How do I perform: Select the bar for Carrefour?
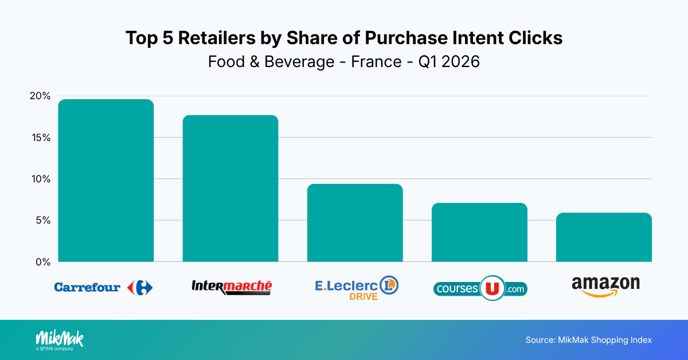105,181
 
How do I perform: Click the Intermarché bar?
230,189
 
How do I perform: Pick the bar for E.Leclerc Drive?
355,223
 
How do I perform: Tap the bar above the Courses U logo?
479,232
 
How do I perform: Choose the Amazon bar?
604,237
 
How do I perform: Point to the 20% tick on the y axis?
40,96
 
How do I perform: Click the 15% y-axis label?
41,138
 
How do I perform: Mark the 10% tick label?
41,179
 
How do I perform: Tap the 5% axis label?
43,220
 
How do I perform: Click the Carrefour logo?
104,287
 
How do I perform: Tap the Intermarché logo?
232,287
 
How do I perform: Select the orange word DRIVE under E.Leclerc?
363,296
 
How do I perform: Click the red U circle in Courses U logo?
492,288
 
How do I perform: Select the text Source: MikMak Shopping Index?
588,340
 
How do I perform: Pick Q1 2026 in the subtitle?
449,61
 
